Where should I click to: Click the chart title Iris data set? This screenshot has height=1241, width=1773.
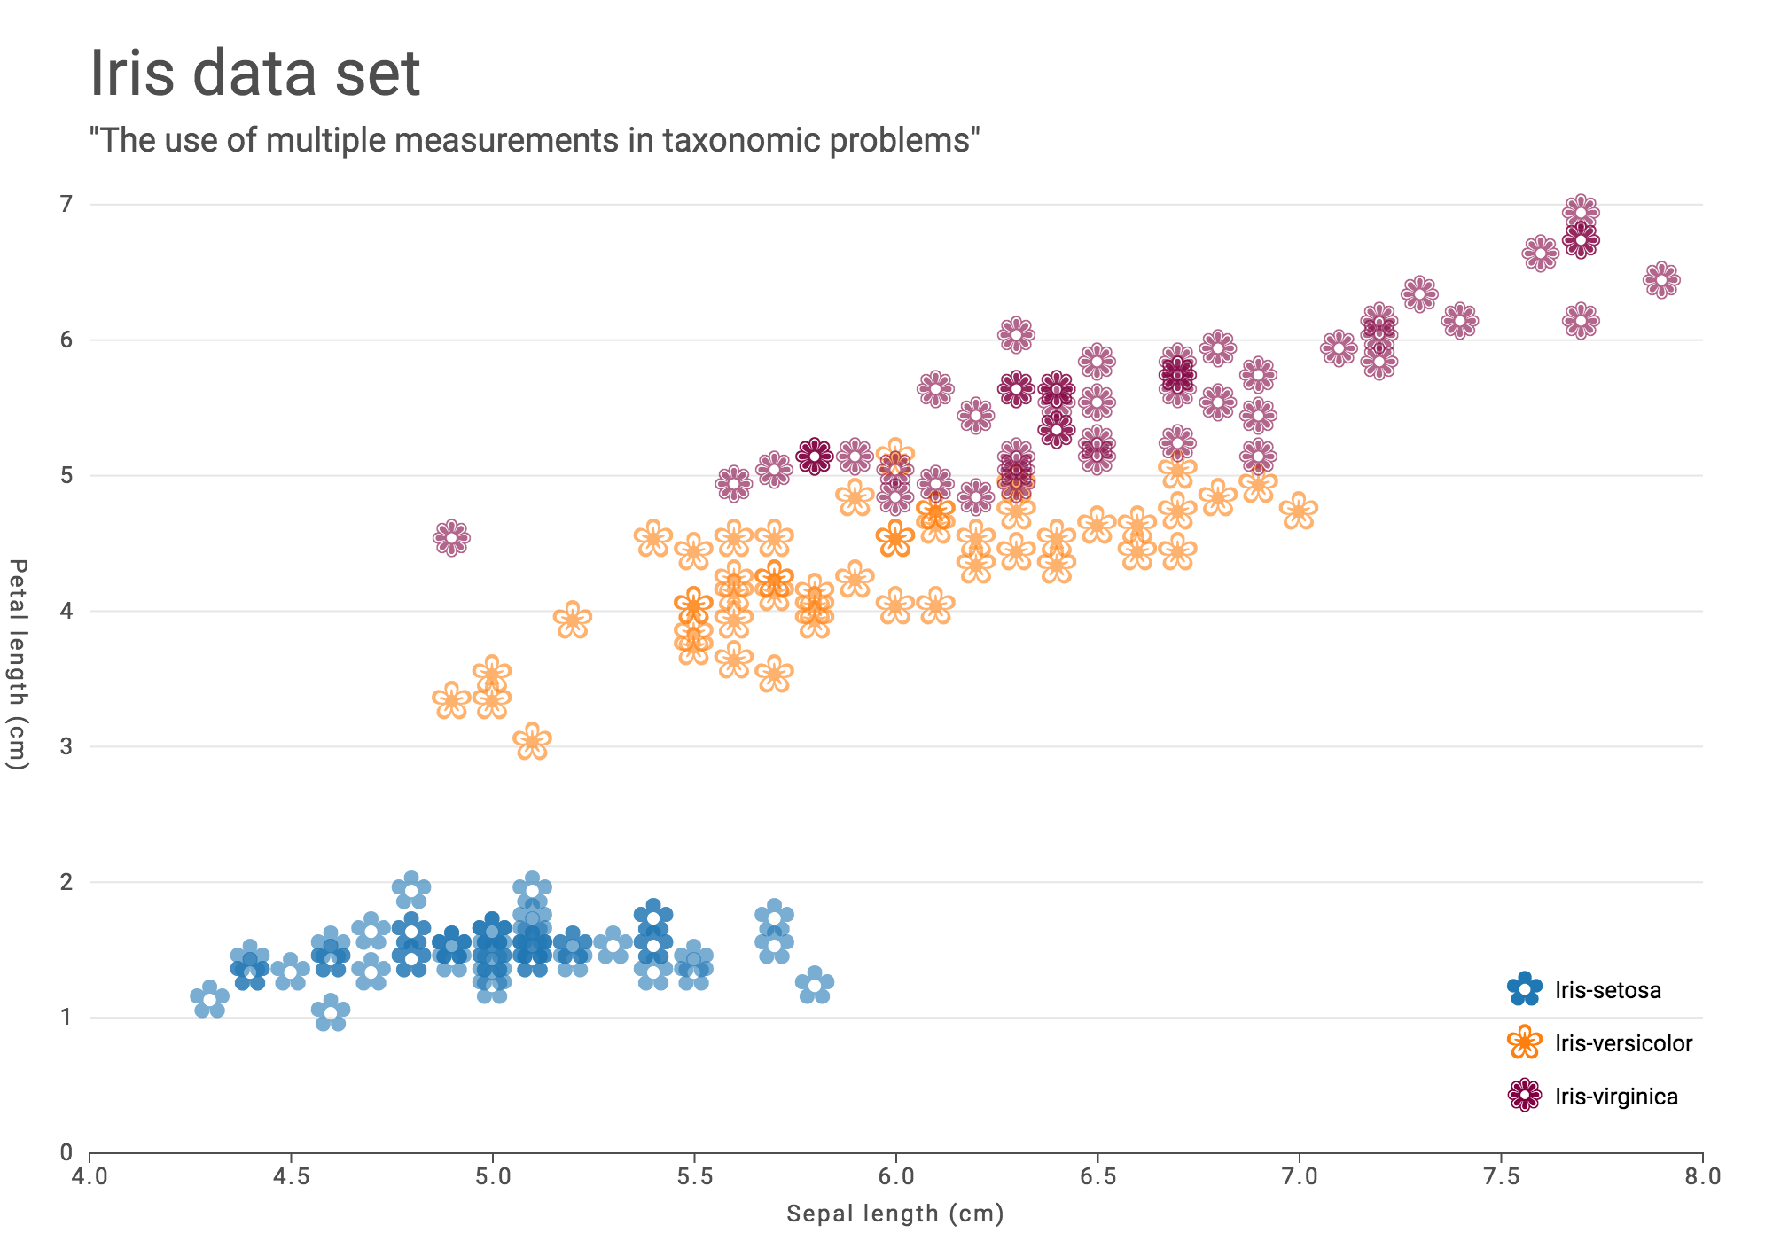255,74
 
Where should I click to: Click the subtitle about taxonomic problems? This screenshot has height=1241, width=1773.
535,140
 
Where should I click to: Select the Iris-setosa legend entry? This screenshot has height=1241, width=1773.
1587,990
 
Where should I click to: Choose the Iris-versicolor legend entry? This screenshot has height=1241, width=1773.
1601,1043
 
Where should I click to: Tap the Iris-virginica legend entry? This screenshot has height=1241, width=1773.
1594,1097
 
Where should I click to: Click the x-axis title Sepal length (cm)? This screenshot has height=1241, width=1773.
895,1214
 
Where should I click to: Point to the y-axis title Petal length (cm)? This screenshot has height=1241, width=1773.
18,664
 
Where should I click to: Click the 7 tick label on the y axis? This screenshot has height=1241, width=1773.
66,205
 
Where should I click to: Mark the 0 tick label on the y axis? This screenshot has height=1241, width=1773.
66,1153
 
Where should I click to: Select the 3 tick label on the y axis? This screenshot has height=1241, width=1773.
66,746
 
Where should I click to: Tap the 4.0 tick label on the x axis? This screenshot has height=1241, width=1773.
90,1176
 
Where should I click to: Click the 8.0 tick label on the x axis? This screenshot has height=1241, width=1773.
1702,1176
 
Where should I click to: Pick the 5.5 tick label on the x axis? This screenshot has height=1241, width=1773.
694,1176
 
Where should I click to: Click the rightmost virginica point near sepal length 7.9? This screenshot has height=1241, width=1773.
1661,280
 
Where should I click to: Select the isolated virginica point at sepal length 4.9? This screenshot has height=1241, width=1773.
452,537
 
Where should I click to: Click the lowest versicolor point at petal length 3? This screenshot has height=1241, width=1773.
533,741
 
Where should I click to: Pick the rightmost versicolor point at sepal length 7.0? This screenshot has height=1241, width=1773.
1299,511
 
